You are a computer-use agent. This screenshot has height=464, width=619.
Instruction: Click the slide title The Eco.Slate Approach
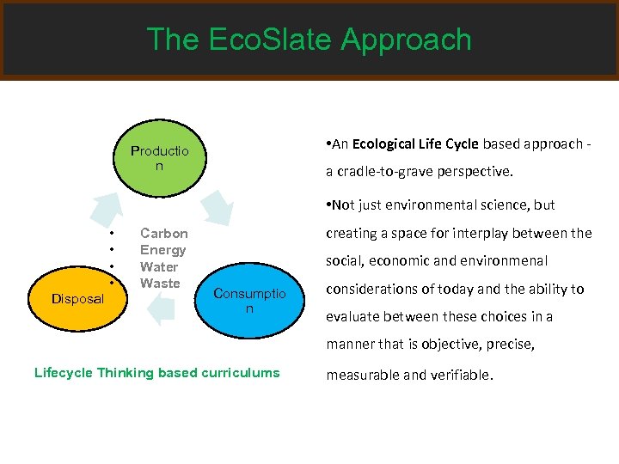click(309, 40)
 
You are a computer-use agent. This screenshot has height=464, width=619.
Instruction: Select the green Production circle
click(158, 157)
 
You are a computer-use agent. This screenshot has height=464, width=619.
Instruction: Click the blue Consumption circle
click(249, 300)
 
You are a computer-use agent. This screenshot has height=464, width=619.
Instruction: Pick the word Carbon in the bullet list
click(163, 234)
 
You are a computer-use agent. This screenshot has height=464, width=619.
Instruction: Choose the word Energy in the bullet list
click(162, 250)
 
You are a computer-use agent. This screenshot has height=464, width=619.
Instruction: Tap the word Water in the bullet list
click(159, 266)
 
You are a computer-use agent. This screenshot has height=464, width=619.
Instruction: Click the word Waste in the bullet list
click(160, 283)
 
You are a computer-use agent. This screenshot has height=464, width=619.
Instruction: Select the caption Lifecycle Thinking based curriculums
click(156, 372)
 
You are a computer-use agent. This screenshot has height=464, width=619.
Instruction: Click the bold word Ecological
click(384, 143)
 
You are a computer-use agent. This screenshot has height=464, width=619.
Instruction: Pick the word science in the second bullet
click(508, 205)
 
